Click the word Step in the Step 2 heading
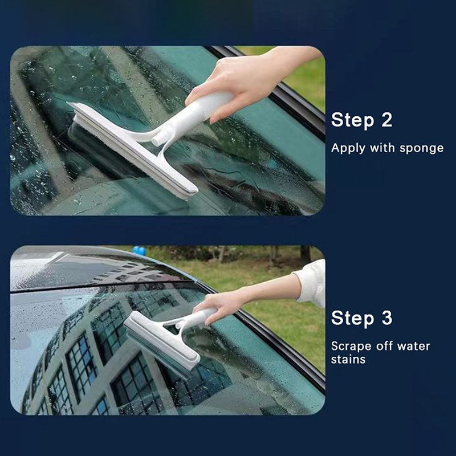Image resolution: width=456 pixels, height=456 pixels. tap(352, 120)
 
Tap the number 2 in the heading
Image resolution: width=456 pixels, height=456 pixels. tap(387, 119)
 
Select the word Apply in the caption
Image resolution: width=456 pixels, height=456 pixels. tap(348, 148)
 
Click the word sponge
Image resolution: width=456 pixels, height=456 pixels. tap(421, 149)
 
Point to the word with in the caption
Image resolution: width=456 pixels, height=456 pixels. tap(382, 148)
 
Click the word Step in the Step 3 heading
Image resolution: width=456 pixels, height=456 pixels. tap(352, 319)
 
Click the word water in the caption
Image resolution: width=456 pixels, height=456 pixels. tap(414, 347)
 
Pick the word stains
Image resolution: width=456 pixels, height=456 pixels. tap(348, 360)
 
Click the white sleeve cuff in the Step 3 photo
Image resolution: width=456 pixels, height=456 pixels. tap(311, 283)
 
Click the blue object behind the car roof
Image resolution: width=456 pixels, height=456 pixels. tap(139, 250)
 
